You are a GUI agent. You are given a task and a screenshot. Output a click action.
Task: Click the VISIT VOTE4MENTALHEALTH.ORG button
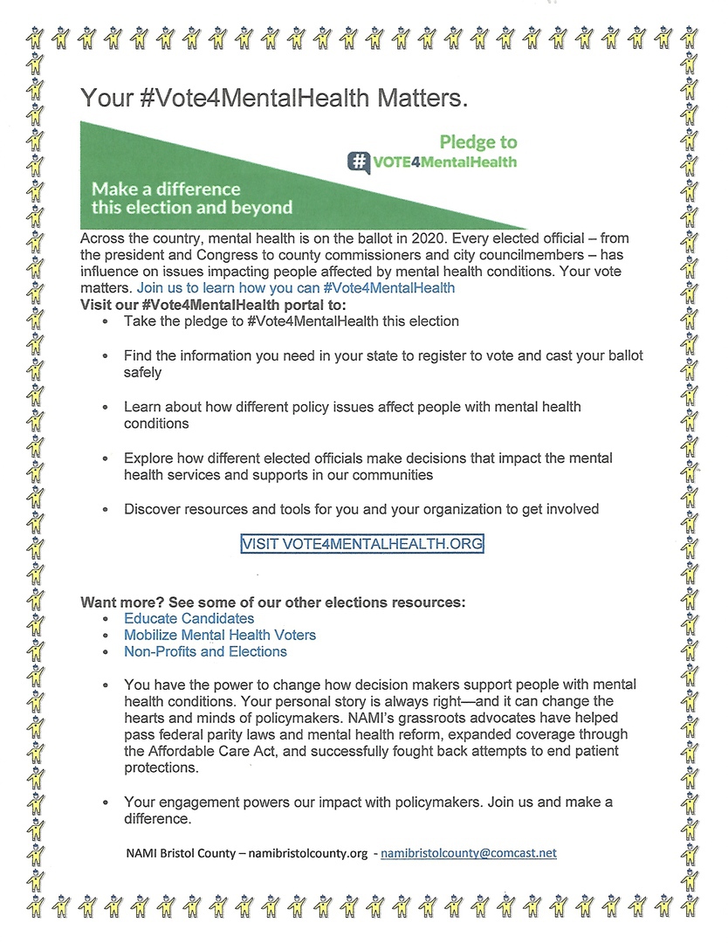click(x=361, y=543)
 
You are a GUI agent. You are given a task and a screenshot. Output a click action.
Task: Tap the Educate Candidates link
click(x=189, y=618)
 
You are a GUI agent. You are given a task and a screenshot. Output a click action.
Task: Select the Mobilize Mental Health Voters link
click(x=219, y=635)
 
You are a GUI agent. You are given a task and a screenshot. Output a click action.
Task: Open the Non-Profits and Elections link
click(x=205, y=651)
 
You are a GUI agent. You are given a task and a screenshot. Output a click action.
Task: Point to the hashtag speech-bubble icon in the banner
click(x=358, y=162)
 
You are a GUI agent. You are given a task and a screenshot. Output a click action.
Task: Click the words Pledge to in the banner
click(x=477, y=142)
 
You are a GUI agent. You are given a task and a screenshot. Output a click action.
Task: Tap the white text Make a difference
click(x=166, y=189)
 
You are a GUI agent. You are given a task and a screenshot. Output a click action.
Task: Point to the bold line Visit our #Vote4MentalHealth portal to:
click(x=213, y=305)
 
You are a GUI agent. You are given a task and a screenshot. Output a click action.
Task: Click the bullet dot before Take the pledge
click(x=105, y=322)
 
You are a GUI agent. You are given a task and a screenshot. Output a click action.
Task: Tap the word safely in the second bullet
click(x=142, y=372)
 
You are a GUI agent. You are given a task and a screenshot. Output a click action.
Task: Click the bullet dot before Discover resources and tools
click(x=105, y=510)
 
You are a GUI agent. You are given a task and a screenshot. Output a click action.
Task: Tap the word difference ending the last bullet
click(x=156, y=819)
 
